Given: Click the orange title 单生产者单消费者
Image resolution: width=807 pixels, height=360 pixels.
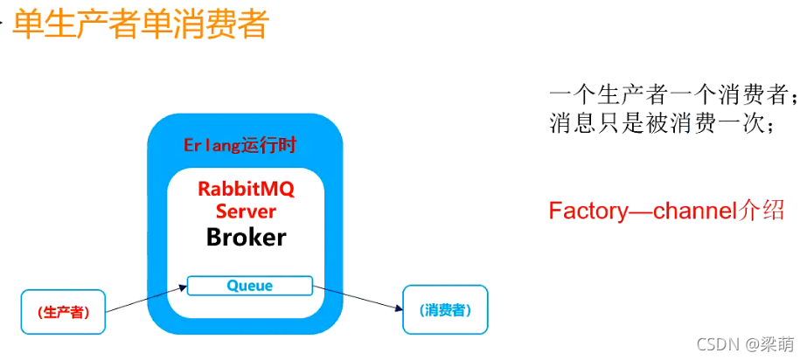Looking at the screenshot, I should (140, 24).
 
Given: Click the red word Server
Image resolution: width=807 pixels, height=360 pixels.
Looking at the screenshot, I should (246, 211).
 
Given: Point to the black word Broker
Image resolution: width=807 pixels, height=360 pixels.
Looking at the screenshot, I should (246, 237).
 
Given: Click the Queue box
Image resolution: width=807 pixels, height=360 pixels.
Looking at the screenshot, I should (250, 286).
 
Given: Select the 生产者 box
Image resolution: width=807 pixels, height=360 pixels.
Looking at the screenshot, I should (63, 312).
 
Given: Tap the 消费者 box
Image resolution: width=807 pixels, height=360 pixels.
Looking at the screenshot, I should (444, 309).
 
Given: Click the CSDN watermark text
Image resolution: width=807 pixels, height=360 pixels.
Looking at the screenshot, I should (705, 344).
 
